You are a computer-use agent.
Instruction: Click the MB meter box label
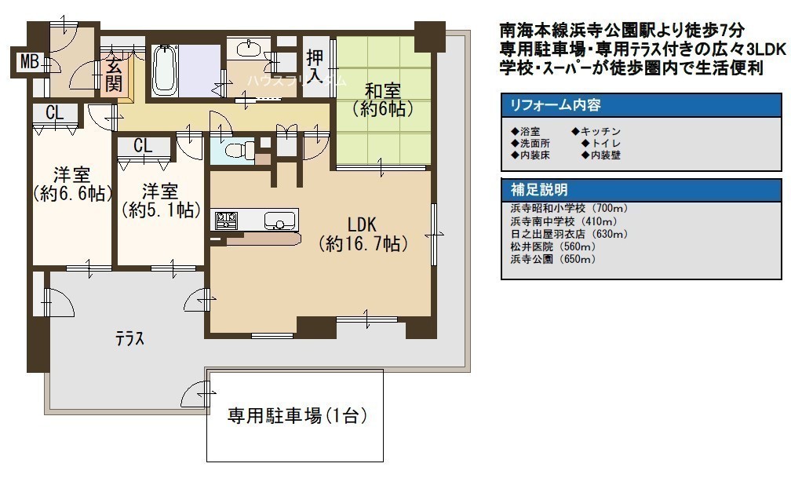(30, 62)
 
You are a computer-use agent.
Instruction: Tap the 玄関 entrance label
(114, 75)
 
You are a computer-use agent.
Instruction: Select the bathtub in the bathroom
(165, 71)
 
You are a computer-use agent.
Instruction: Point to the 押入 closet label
(315, 66)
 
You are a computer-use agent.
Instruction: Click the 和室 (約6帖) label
(383, 100)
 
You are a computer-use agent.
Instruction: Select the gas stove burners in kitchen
(226, 221)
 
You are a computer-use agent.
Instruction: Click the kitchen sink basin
(279, 221)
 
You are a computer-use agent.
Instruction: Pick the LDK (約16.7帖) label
(363, 234)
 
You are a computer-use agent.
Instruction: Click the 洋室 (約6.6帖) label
(72, 184)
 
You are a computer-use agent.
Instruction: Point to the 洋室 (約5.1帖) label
(160, 200)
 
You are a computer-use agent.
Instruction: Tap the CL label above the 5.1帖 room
(144, 146)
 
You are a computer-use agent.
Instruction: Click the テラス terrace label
(130, 338)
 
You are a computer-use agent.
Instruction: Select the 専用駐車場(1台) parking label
(297, 415)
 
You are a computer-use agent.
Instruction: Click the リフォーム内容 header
(556, 105)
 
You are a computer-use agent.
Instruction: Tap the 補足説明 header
(539, 190)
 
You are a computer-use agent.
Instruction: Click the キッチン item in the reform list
(596, 131)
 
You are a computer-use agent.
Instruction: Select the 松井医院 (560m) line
(553, 246)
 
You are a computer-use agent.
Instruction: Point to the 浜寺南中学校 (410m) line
(564, 221)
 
